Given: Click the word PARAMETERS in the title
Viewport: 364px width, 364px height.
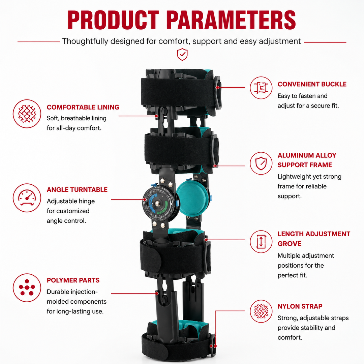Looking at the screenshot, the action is [231, 20].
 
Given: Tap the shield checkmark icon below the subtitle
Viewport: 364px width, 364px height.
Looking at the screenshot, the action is [182, 55].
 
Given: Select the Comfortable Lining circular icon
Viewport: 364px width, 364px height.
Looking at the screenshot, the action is [27, 114].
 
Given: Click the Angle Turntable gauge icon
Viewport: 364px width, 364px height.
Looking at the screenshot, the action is [27, 198].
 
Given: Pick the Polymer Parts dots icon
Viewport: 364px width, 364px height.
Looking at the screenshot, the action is [27, 287].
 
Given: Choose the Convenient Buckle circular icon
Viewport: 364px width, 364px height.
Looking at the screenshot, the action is [261, 88].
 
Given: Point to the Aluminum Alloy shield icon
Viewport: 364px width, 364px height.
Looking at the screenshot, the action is [261, 163].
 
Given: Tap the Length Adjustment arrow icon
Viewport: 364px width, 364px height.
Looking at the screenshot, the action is [261, 242].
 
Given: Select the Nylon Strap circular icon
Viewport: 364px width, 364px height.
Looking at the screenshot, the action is [261, 311].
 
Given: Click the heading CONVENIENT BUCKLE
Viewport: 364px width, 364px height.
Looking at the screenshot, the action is [312, 84].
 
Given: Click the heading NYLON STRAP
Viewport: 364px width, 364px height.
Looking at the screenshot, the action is [300, 306].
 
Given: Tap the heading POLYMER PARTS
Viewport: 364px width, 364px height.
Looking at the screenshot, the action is [73, 280].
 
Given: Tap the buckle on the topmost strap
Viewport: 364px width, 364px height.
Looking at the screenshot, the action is [218, 93].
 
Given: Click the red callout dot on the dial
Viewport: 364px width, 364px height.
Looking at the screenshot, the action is [144, 200].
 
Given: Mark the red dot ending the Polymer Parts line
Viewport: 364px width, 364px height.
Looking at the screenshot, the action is [157, 294].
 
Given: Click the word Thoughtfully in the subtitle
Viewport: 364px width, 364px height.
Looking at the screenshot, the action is [85, 41].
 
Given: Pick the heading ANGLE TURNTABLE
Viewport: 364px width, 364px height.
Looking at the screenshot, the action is [77, 190].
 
